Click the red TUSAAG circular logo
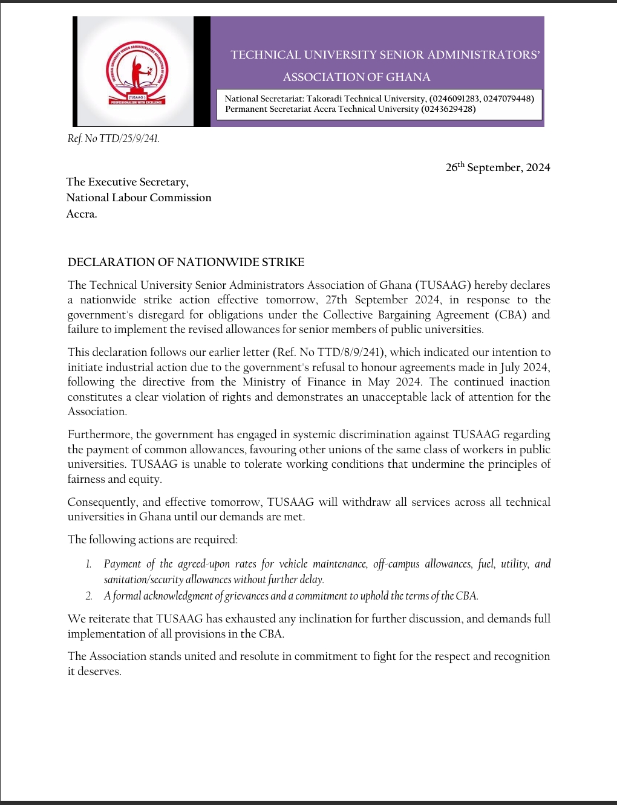point(137,73)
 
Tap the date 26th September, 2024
point(498,167)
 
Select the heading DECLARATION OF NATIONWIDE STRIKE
point(186,262)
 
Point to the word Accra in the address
point(81,214)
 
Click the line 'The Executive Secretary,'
point(127,182)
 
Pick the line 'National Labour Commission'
point(139,198)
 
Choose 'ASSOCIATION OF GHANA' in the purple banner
point(356,77)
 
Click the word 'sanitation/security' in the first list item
point(143,580)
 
